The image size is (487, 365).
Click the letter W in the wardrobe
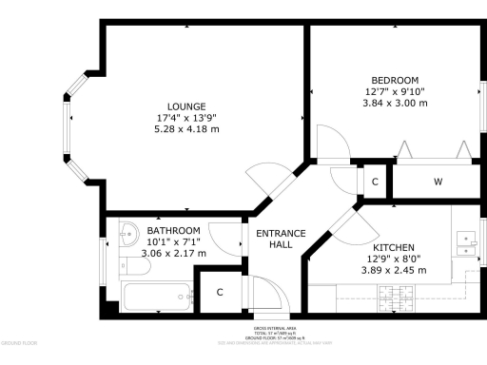pos(438,182)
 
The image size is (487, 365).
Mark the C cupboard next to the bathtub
pos(220,292)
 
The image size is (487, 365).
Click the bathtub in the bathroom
pos(157,298)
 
